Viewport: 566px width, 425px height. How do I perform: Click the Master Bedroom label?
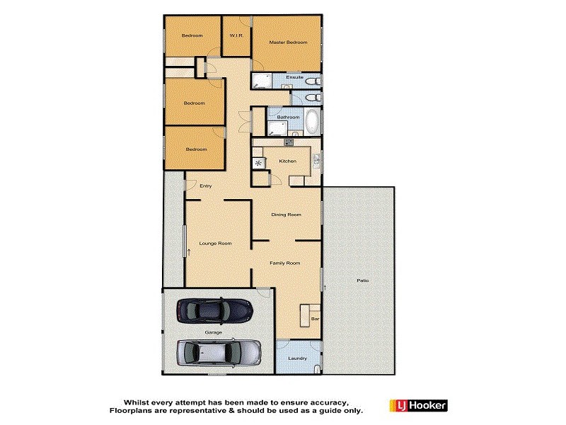288,42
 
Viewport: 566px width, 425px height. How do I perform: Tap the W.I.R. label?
236,36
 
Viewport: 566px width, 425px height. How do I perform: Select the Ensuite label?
295,77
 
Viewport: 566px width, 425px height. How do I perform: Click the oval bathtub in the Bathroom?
312,123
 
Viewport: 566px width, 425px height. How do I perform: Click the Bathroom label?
288,117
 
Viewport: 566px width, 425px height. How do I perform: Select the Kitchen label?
287,161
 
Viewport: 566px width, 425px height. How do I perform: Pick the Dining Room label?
287,215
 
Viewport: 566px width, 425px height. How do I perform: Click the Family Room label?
285,263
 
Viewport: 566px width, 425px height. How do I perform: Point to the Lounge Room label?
215,244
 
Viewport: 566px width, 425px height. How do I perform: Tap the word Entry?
206,186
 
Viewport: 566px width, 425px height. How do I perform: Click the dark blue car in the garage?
214,309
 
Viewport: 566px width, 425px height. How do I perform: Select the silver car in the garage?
219,351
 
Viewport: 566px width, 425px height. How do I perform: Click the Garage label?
214,331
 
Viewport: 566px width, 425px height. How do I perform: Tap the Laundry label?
298,358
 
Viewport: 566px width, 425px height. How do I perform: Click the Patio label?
362,281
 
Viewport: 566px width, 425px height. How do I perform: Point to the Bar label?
315,319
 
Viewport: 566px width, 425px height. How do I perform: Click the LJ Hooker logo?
418,406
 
